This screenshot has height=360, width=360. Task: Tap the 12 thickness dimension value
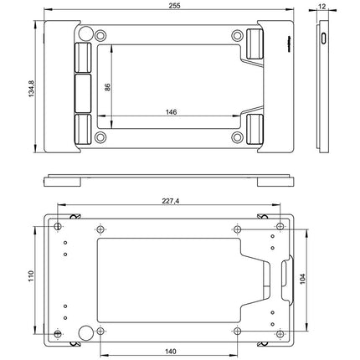coord(322,5)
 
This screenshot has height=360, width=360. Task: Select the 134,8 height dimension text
coord(31,84)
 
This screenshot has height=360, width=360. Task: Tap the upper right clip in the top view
coord(256,40)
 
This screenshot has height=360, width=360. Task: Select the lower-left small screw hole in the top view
coord(101,137)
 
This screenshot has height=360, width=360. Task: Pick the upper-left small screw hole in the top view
coord(101,36)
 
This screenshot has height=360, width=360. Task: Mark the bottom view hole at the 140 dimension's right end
coord(238,332)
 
